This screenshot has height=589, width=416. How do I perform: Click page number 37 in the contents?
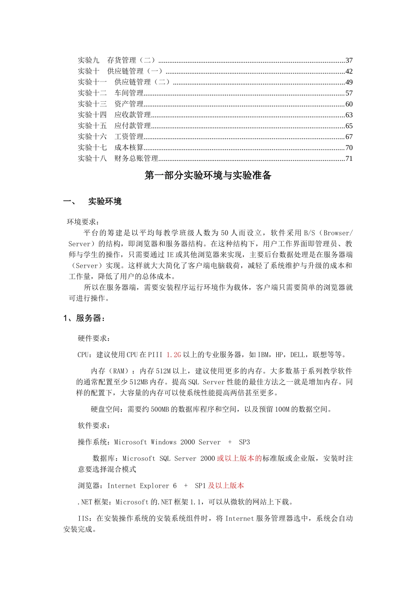tap(349, 60)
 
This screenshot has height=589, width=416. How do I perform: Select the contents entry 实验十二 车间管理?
tap(111, 93)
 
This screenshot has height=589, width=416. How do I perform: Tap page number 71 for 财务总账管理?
tap(349, 159)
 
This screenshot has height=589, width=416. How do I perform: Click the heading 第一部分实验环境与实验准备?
tap(208, 175)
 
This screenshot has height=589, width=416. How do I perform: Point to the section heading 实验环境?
tap(105, 202)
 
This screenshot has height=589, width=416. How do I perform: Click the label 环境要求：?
tap(83, 222)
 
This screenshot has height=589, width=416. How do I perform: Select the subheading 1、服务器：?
tap(85, 318)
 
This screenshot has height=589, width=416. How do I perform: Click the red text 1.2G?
tap(173, 355)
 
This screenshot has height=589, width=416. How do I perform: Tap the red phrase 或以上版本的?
tap(239, 458)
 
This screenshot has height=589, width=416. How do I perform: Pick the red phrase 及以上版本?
tap(226, 486)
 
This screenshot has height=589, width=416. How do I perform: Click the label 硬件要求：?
tap(94, 338)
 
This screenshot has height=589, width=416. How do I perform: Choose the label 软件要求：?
tap(94, 426)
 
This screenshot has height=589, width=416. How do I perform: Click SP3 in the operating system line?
tap(244, 442)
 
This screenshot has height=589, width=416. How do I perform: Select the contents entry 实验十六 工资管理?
tap(111, 137)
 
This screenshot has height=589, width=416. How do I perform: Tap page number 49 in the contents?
tap(349, 82)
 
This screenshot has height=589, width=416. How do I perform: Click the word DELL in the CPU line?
tap(297, 355)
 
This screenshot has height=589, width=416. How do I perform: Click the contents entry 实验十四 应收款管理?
tap(114, 115)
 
